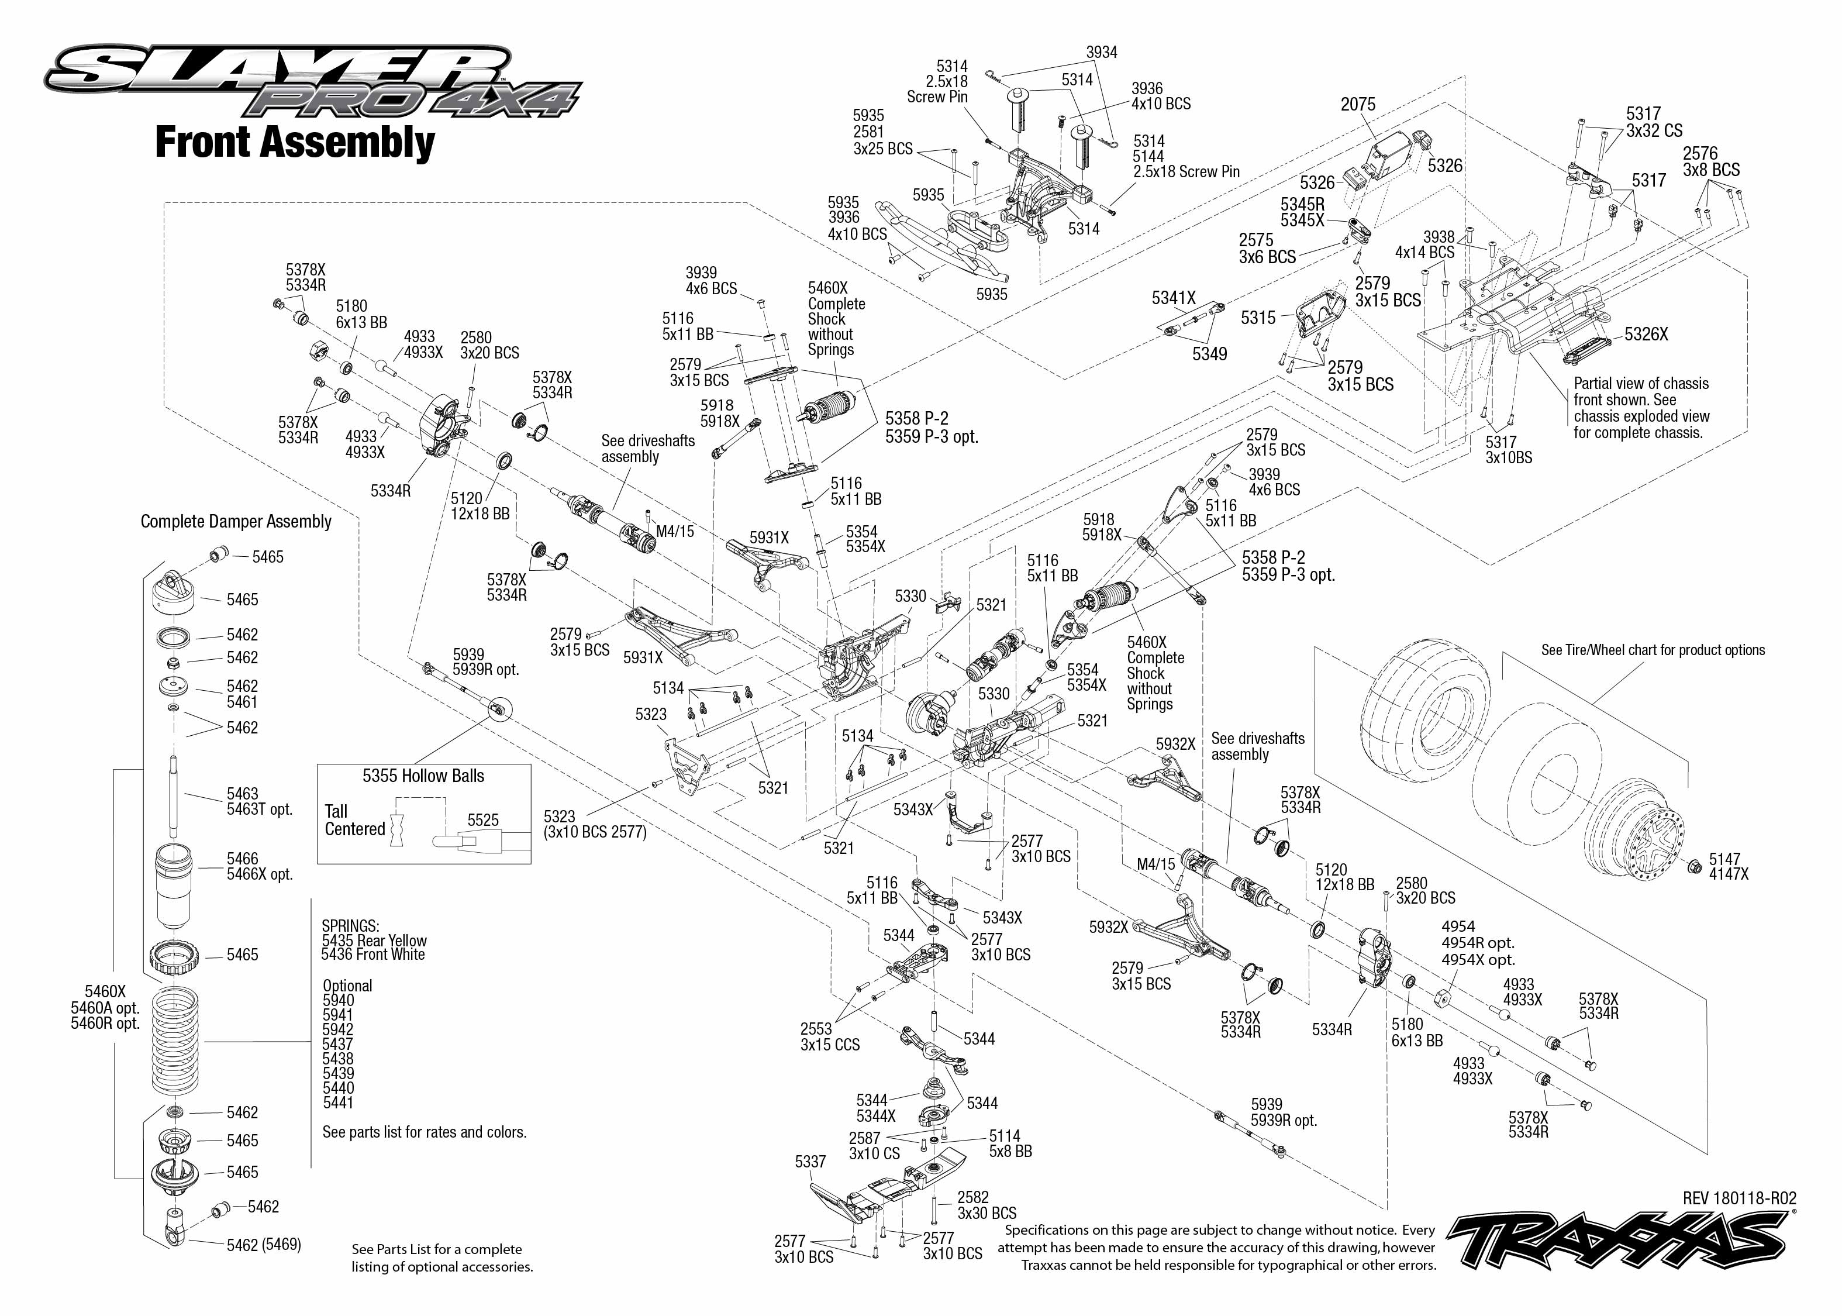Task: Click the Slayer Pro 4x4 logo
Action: point(312,81)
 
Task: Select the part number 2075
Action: point(1358,105)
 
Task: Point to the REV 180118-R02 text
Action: point(1739,1198)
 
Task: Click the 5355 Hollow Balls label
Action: point(423,776)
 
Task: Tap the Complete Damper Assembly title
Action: point(236,521)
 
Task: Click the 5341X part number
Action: point(1174,298)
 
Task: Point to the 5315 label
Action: point(1258,318)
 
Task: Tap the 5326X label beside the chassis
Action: point(1646,334)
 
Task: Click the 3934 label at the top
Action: point(1102,53)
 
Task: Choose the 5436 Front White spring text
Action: point(372,955)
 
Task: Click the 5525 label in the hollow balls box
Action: point(483,820)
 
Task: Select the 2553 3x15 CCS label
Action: point(829,1036)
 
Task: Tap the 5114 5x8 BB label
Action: point(1010,1143)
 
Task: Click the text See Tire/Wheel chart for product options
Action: point(1653,650)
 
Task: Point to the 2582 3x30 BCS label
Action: point(986,1205)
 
